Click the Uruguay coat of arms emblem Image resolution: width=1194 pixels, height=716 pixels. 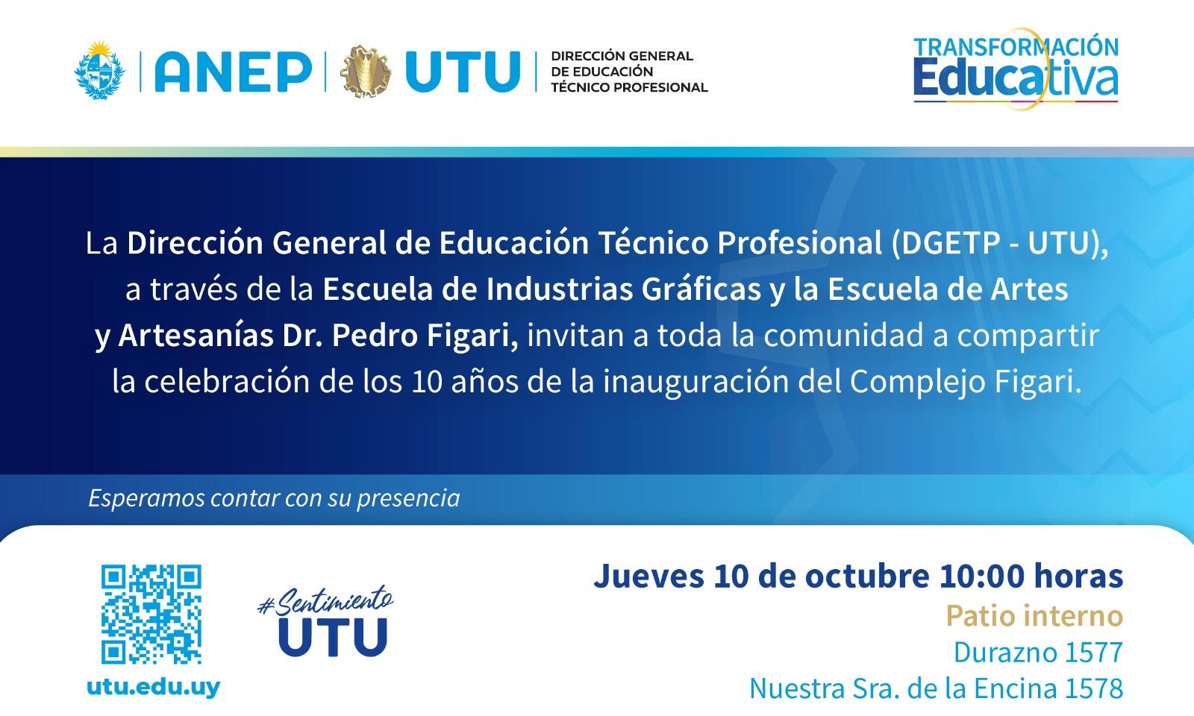pos(100,70)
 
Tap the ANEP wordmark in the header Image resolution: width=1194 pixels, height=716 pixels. pos(234,72)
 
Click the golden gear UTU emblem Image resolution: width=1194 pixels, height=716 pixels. pos(366,72)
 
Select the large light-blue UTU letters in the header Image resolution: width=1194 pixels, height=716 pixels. pos(463,72)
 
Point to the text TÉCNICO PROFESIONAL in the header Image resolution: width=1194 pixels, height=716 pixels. pos(630,87)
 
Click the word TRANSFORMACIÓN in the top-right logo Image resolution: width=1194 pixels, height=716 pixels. pos(1016,47)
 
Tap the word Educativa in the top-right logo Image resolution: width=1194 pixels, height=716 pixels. pos(1016,79)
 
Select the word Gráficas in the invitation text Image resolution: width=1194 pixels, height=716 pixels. pos(701,290)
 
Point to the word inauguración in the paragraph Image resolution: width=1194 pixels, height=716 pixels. pos(696,383)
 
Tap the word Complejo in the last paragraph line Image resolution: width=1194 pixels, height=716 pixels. pos(917,383)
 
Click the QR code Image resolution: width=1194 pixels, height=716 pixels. pos(151,615)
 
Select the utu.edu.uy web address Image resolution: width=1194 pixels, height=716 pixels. pos(154,687)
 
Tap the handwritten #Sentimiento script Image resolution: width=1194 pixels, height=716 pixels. pos(325,601)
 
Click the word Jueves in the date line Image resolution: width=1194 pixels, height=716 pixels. pos(648,576)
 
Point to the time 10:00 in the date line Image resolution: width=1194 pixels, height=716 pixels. pos(982,576)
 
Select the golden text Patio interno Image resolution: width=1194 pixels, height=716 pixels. pos(1034,616)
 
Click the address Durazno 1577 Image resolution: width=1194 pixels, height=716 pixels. pos(1038,653)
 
